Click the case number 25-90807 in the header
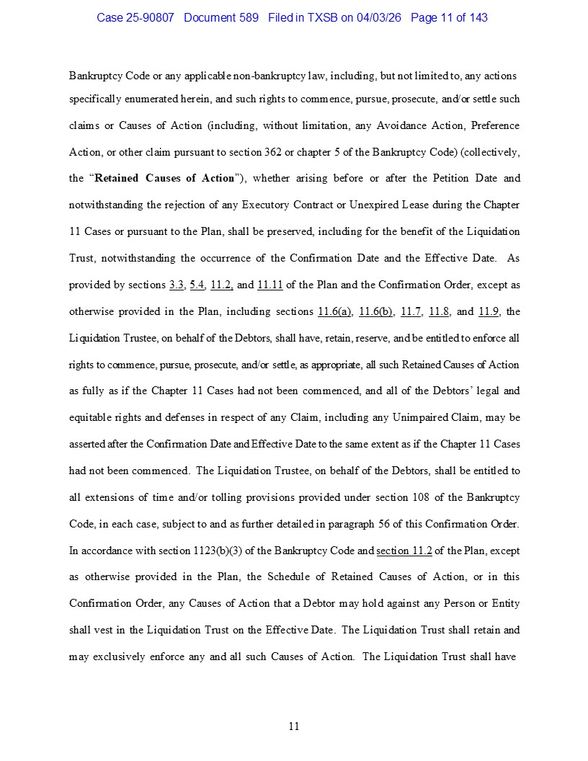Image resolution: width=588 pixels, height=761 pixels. (150, 17)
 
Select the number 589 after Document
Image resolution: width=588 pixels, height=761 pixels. (248, 17)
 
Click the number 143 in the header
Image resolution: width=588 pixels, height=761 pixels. (477, 17)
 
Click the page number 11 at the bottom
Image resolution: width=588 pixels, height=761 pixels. (294, 726)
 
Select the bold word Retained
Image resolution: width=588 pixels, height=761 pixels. (120, 178)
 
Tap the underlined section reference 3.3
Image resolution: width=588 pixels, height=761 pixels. (176, 285)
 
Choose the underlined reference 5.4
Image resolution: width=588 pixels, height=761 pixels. (197, 285)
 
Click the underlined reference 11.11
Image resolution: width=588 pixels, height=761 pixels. (269, 285)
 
